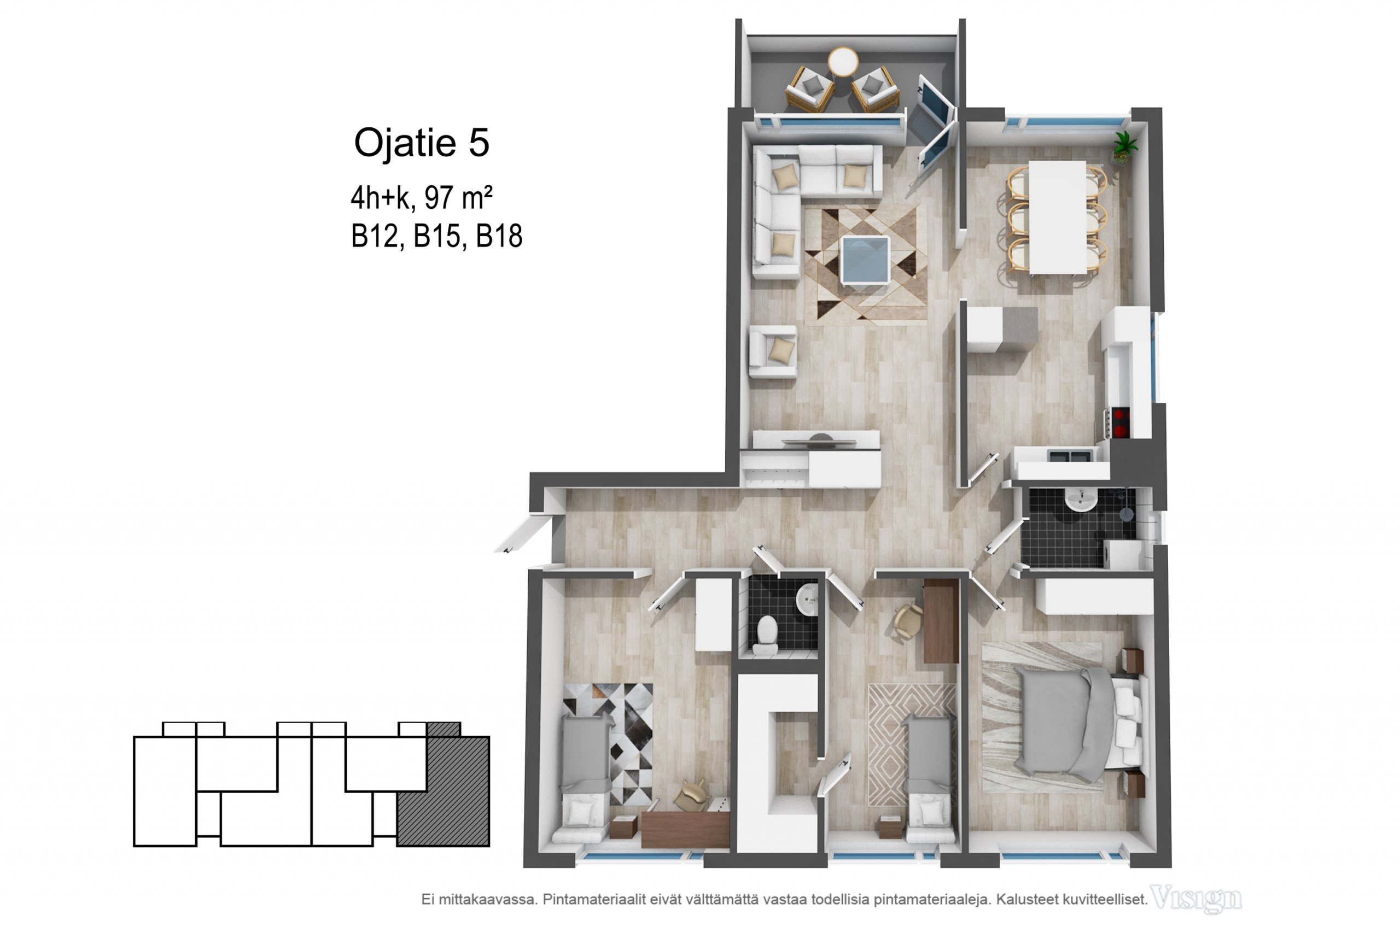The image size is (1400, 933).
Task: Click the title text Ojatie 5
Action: [422, 143]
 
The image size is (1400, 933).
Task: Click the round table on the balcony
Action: [843, 62]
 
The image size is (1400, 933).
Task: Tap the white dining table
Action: [1057, 217]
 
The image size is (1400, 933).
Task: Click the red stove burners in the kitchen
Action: [1121, 422]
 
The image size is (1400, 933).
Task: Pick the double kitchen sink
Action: [1069, 456]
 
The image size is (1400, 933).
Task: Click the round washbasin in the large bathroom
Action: [1081, 499]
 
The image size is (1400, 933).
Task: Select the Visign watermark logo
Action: [1197, 899]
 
